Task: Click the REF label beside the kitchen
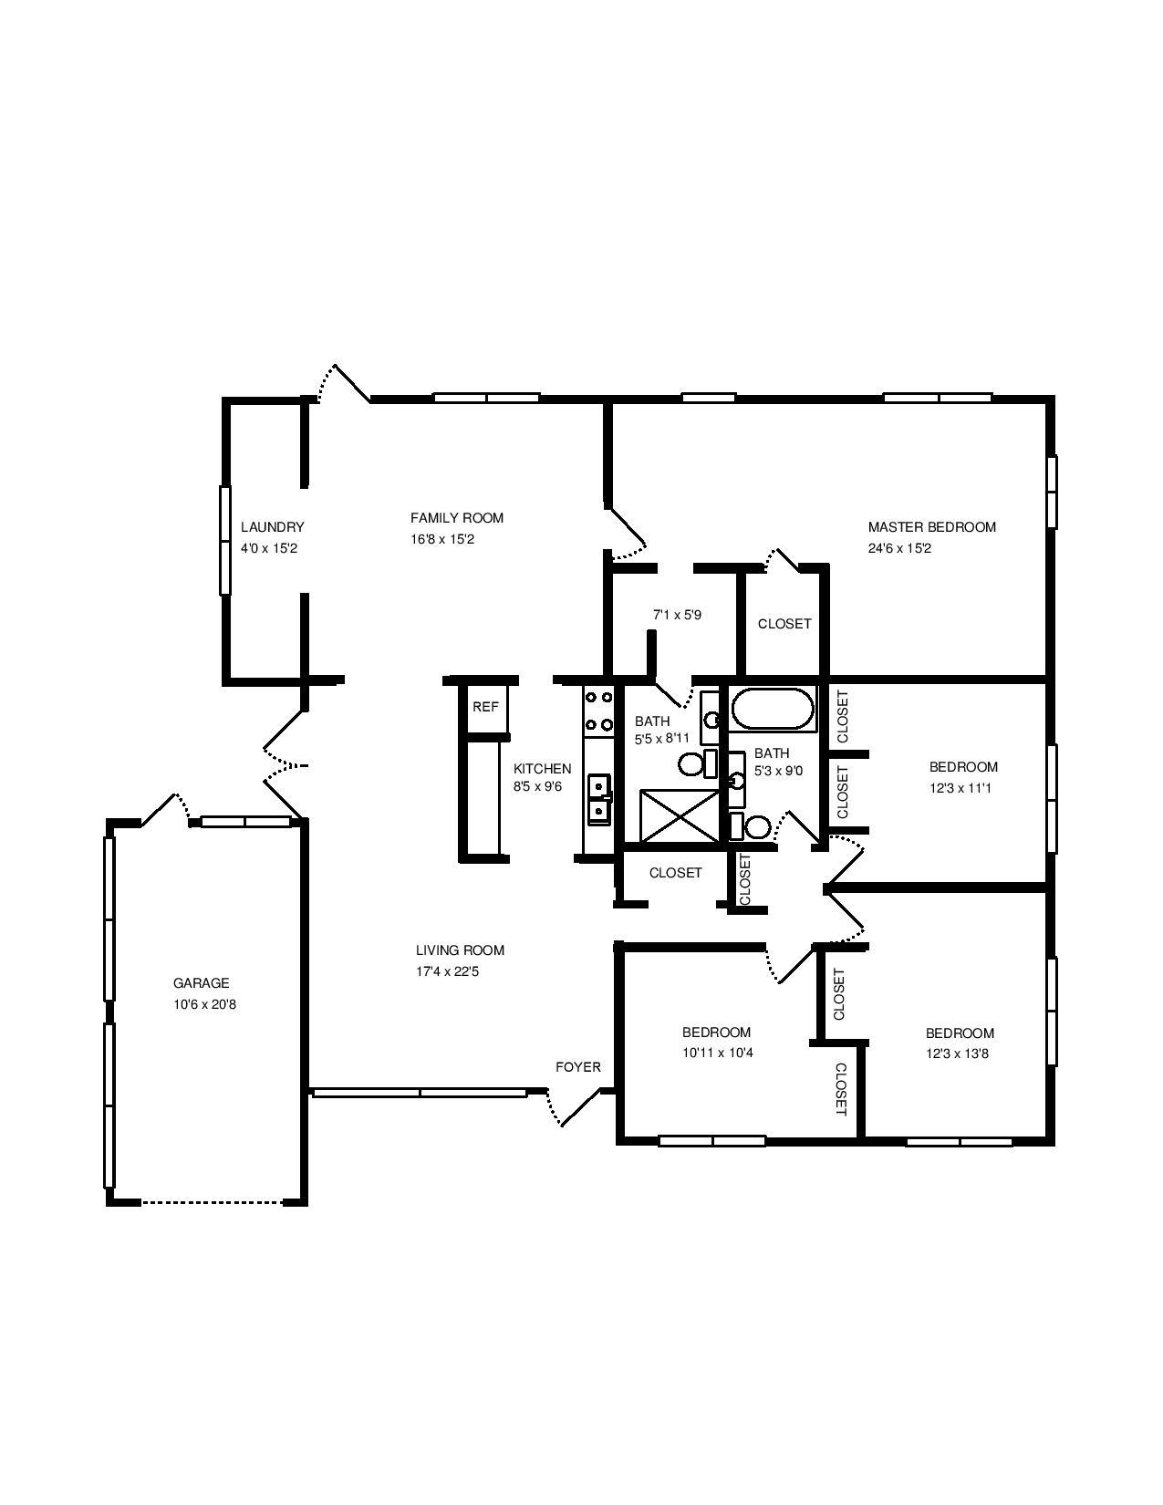[485, 707]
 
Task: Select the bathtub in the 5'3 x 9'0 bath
[773, 708]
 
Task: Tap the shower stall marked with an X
[680, 815]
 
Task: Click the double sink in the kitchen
[599, 799]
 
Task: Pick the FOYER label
[577, 1067]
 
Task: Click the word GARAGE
[201, 982]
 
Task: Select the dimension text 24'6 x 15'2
[899, 548]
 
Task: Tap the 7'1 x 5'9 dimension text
[677, 615]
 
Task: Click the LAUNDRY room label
[272, 527]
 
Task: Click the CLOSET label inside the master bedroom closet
[784, 624]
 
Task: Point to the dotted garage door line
[213, 1202]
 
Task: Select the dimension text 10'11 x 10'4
[717, 1053]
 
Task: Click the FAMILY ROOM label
[456, 518]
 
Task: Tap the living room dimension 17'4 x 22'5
[447, 971]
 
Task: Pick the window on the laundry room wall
[224, 540]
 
